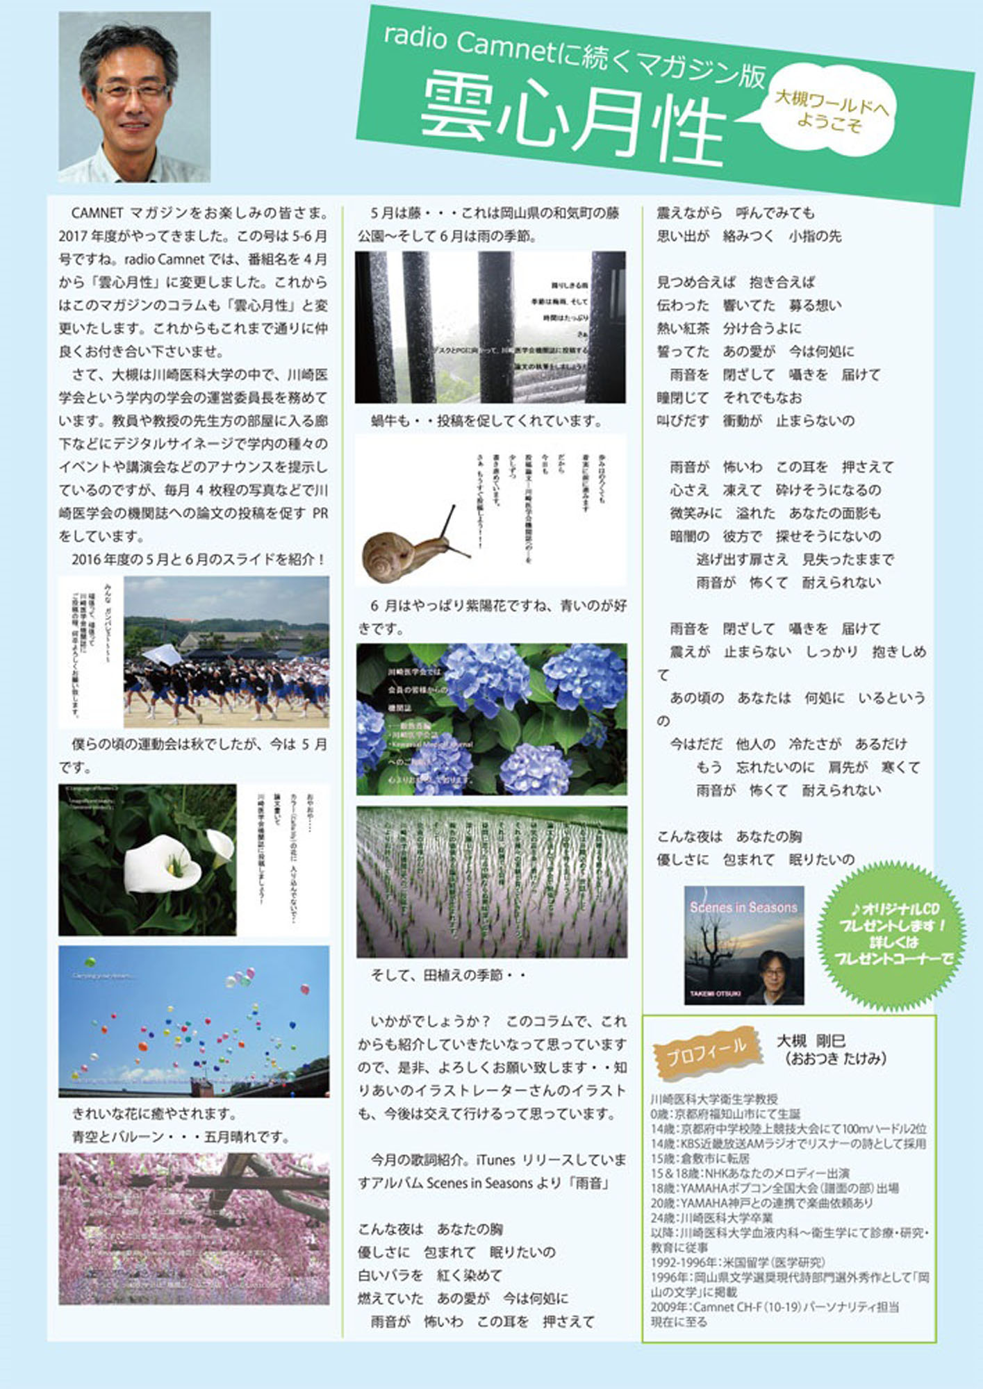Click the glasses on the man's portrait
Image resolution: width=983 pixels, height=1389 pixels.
[133, 90]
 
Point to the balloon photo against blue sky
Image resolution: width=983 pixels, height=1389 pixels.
[194, 1022]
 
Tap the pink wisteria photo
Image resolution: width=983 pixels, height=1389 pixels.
[194, 1229]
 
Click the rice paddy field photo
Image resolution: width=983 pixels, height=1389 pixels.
[492, 882]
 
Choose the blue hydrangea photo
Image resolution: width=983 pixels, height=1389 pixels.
[492, 720]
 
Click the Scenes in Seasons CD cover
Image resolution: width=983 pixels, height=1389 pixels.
[744, 945]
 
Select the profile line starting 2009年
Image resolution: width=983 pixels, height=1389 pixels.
[775, 1307]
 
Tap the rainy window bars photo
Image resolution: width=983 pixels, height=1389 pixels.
[490, 327]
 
